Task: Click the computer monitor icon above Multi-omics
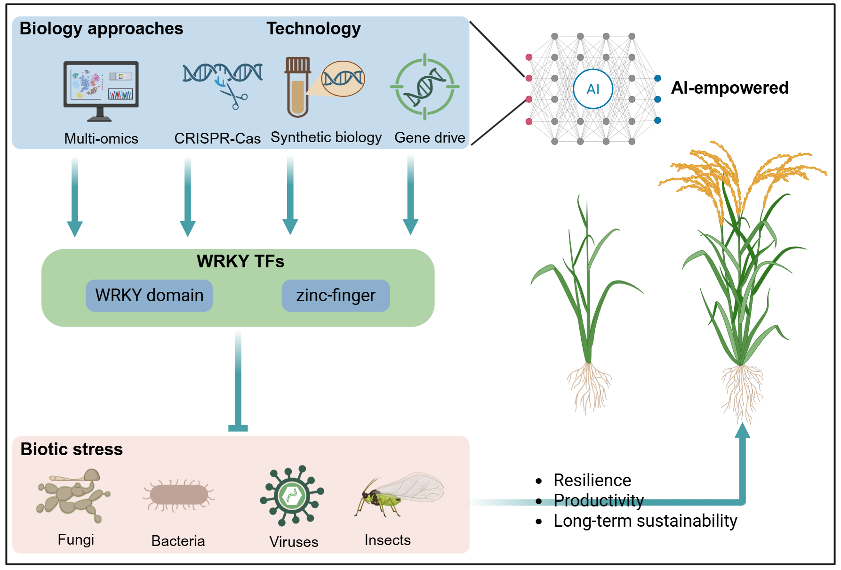(101, 85)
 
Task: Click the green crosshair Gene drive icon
(425, 87)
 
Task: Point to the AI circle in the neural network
(593, 89)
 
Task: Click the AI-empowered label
(729, 88)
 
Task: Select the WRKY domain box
(149, 296)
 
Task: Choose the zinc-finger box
(336, 296)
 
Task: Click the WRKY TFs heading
(240, 261)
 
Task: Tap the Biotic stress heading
(72, 450)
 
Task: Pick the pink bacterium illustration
(178, 495)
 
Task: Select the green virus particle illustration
(292, 495)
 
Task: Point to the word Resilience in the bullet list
(592, 481)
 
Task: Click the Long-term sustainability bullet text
(645, 521)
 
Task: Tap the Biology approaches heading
(101, 29)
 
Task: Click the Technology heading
(313, 29)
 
